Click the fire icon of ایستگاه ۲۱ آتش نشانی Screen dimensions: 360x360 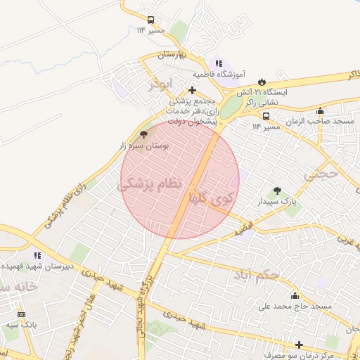click(x=262, y=82)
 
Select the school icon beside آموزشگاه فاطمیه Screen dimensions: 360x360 click(x=219, y=63)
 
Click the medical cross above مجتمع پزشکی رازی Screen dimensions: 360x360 click(x=193, y=90)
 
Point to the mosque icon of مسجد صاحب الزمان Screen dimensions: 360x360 click(x=321, y=110)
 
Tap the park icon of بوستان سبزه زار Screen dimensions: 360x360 click(x=144, y=134)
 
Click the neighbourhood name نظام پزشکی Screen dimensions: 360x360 click(x=150, y=185)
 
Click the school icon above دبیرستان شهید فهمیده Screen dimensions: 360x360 click(x=37, y=256)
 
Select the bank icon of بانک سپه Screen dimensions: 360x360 click(x=21, y=314)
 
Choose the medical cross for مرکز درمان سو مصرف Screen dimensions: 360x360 click(x=300, y=345)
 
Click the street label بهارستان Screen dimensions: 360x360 click(x=169, y=55)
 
